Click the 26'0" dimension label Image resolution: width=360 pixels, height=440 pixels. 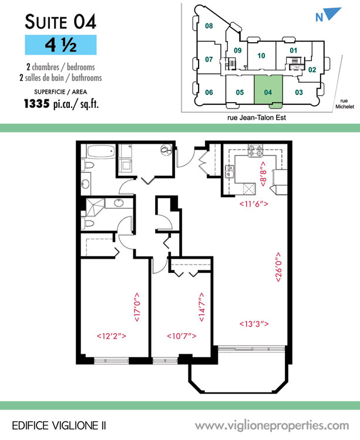pos(278,267)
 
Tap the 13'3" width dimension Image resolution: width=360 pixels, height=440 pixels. pos(254,324)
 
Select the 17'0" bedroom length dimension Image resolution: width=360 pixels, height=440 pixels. pos(137,307)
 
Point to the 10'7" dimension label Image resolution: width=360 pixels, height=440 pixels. pos(181,336)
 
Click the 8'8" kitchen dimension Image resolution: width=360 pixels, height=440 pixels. pos(263,174)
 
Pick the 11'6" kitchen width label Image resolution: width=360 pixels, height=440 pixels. pos(254,204)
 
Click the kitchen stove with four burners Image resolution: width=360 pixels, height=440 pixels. pos(255,151)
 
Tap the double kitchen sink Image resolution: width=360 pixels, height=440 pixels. pos(230,171)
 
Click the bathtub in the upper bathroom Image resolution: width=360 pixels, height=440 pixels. pos(101,151)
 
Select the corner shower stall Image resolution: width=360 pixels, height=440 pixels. pos(95,207)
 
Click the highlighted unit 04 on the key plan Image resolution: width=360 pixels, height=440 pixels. pos(268,90)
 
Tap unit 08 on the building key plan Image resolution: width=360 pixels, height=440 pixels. pos(209,26)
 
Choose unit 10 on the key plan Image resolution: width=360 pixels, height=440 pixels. pos(261,56)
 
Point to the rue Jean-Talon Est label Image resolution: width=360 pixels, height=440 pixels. pos(257,117)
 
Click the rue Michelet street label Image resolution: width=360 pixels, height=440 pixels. pos(344,104)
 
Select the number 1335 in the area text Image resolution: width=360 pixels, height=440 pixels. pos(37,104)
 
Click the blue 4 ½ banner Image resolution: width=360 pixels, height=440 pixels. pos(60,45)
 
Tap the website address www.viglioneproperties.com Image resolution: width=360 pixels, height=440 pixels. pos(272,426)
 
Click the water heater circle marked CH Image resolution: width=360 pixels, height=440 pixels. pos(166,150)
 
